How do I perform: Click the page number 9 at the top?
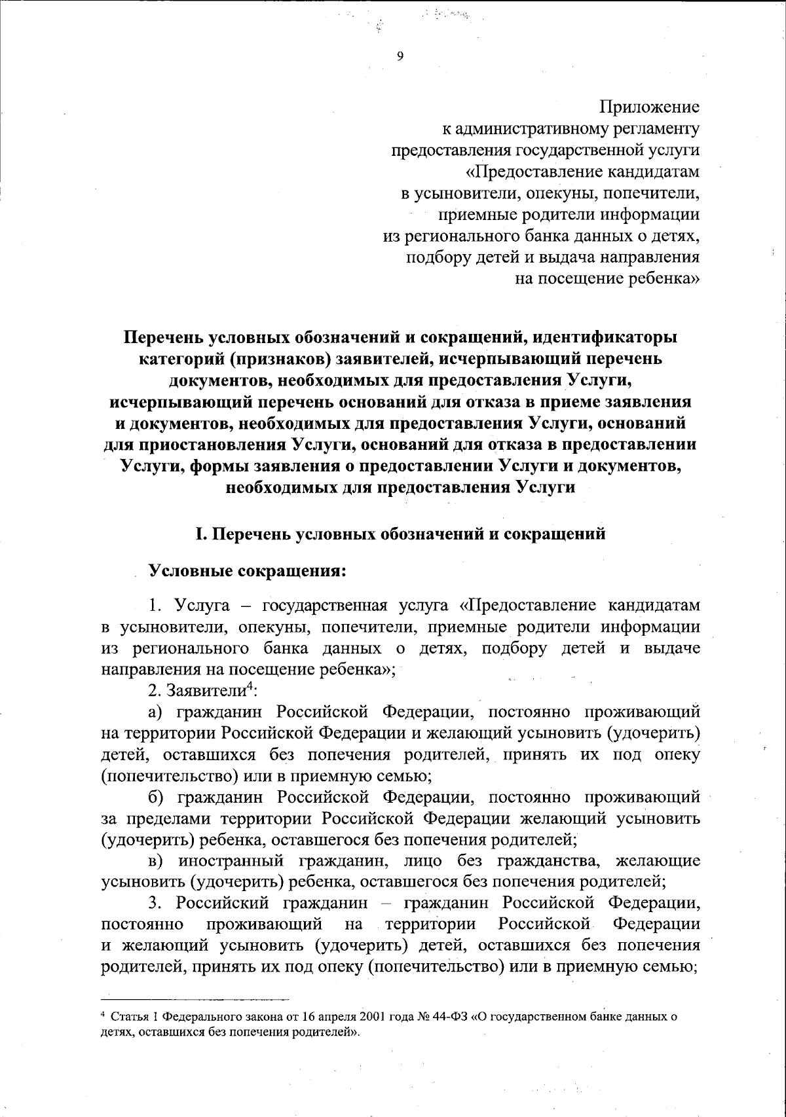point(400,56)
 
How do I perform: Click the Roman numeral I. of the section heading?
point(202,534)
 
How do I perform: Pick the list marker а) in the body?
point(155,712)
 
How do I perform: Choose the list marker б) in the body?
point(155,797)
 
